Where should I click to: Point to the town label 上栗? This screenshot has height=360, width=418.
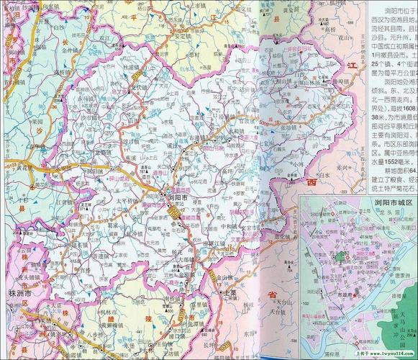pos(230,294)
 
